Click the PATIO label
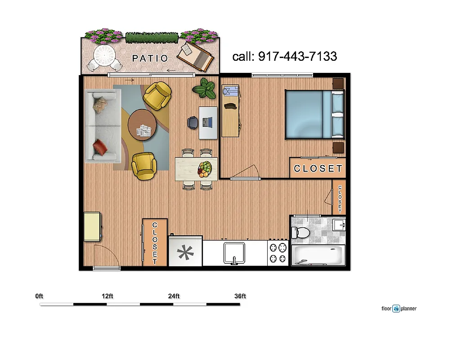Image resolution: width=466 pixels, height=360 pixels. pyautogui.click(x=150, y=58)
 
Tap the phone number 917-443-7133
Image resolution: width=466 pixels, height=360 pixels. pyautogui.click(x=284, y=57)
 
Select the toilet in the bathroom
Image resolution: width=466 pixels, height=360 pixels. pyautogui.click(x=301, y=233)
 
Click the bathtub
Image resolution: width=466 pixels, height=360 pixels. pyautogui.click(x=318, y=255)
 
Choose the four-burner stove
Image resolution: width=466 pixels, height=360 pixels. pyautogui.click(x=278, y=253)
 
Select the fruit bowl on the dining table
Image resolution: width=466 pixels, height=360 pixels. pyautogui.click(x=204, y=169)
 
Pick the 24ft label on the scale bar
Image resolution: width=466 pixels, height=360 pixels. pyautogui.click(x=174, y=296)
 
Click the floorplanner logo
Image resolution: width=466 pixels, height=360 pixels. pyautogui.click(x=399, y=309)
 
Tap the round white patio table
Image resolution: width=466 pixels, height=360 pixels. pyautogui.click(x=104, y=57)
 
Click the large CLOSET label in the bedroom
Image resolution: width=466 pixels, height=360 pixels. pyautogui.click(x=318, y=169)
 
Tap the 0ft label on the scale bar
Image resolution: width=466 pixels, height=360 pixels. pyautogui.click(x=39, y=296)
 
